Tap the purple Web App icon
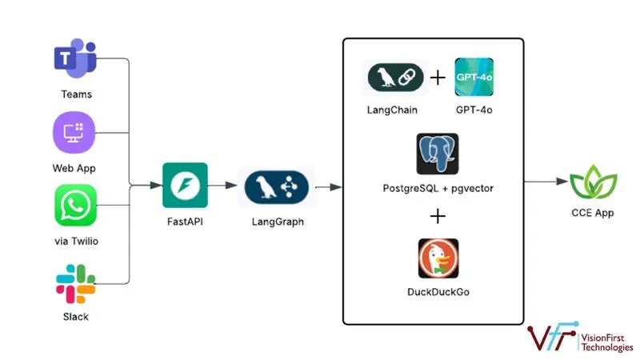point(75,131)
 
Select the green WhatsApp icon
point(76,206)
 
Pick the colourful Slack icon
point(76,282)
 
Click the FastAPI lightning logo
point(185,186)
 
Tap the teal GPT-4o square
point(474,78)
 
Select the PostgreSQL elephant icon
point(437,154)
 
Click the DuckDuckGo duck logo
point(438,258)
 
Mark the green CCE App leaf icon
point(592,182)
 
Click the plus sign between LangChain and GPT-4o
point(437,78)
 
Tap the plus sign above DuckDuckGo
point(438,216)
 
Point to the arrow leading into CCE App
point(546,182)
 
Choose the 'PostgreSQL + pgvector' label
point(438,189)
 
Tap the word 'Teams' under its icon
point(76,94)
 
